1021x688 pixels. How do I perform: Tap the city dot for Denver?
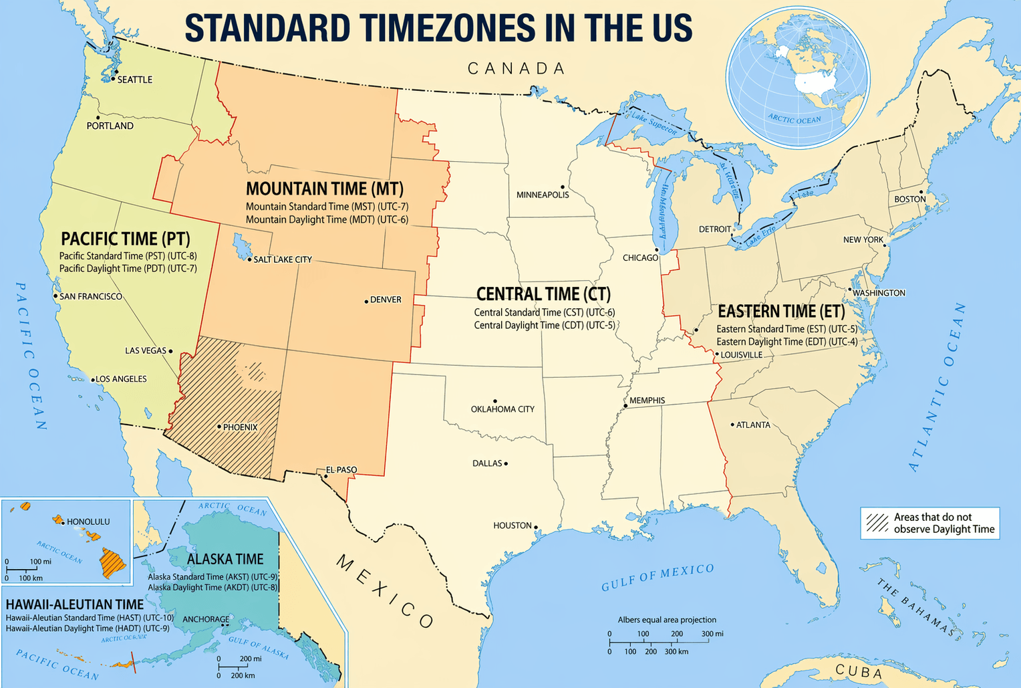pyautogui.click(x=366, y=302)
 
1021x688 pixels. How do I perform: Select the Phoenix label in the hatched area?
pyautogui.click(x=240, y=427)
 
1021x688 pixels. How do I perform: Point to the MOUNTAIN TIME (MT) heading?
pyautogui.click(x=325, y=189)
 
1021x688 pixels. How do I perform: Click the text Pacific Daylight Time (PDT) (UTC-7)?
pyautogui.click(x=128, y=269)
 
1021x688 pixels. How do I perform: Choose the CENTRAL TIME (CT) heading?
pyautogui.click(x=543, y=294)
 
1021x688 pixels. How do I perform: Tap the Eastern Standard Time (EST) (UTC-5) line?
pyautogui.click(x=786, y=329)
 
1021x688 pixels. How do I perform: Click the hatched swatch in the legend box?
pyautogui.click(x=877, y=523)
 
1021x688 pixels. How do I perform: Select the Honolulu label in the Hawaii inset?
pyautogui.click(x=88, y=522)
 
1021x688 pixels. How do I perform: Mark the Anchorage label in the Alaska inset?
pyautogui.click(x=205, y=619)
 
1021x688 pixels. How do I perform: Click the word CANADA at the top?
pyautogui.click(x=517, y=68)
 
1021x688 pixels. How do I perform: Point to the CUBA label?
pyautogui.click(x=859, y=671)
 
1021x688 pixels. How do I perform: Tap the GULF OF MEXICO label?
pyautogui.click(x=658, y=577)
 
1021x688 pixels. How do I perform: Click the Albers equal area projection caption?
pyautogui.click(x=666, y=620)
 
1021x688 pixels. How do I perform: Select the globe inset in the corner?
pyautogui.click(x=798, y=78)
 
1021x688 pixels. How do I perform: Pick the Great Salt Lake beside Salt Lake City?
pyautogui.click(x=239, y=247)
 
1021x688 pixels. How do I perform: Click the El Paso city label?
pyautogui.click(x=341, y=469)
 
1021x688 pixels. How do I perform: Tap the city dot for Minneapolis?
pyautogui.click(x=563, y=187)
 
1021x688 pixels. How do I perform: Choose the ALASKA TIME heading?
pyautogui.click(x=225, y=559)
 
